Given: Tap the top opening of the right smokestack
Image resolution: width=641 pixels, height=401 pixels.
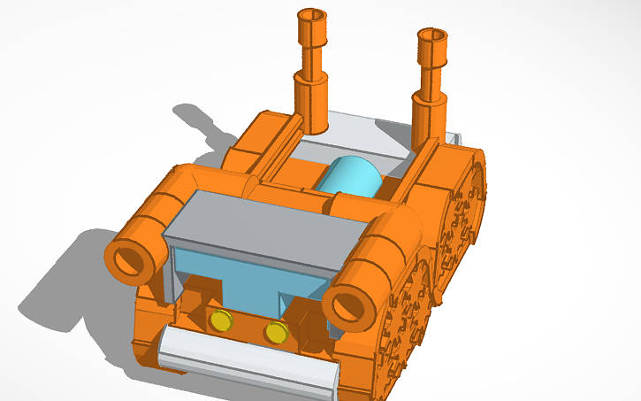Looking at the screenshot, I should [x=432, y=35].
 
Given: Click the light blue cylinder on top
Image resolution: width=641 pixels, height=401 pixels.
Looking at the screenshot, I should [x=351, y=176].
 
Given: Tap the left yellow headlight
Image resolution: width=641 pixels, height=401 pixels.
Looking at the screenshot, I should [x=220, y=320].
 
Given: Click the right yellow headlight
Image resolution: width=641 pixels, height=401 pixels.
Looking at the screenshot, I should [x=277, y=332].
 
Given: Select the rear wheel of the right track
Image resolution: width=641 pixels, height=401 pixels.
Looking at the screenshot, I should [x=465, y=204].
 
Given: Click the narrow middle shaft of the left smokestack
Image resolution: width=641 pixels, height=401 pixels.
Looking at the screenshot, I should [x=311, y=58].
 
